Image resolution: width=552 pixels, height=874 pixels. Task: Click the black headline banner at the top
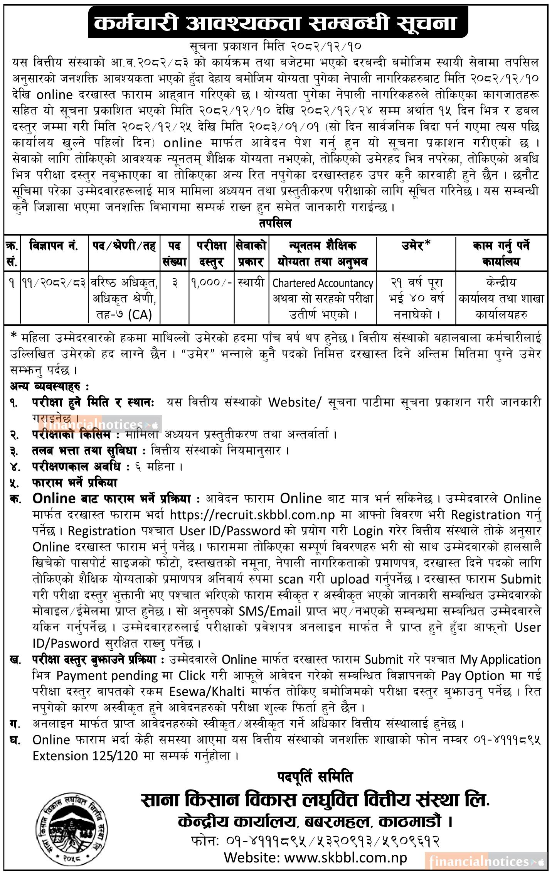[x=275, y=24]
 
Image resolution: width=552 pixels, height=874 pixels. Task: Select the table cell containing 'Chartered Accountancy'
[x=323, y=283]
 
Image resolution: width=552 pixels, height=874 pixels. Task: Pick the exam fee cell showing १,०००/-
[x=212, y=283]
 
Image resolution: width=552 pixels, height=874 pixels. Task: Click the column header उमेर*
[x=416, y=246]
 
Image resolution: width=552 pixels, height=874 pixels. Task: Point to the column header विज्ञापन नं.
[x=54, y=246]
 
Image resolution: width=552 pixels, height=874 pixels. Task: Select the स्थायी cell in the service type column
[x=251, y=283]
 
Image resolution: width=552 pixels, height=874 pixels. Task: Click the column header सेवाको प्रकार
[x=251, y=254]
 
